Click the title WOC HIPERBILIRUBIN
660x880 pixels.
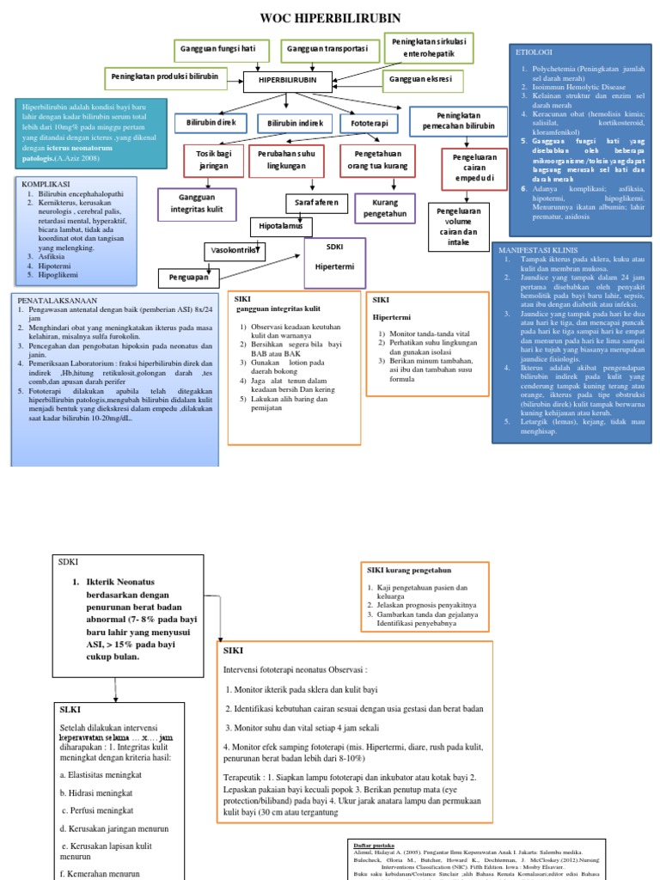pos(330,18)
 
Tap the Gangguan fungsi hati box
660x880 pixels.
pos(218,49)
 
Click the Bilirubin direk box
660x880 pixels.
pos(211,124)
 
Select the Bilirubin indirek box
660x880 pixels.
pos(295,124)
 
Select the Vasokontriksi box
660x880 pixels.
pos(233,251)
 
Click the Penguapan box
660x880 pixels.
pos(187,278)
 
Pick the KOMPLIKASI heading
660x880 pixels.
pos(50,184)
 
